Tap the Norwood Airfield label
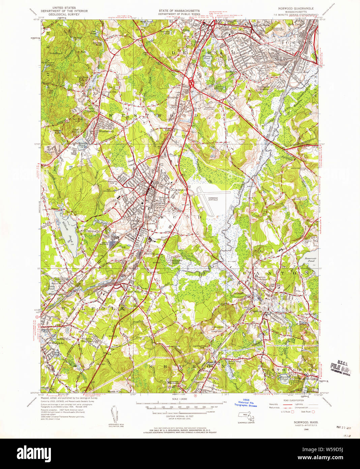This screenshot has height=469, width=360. [213, 198]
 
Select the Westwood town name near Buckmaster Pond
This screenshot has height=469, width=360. [106, 132]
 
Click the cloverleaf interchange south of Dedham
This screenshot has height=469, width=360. [191, 82]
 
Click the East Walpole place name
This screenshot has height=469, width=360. [136, 292]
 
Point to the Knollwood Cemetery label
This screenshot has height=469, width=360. [215, 328]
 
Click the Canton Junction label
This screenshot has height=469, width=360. [259, 278]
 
